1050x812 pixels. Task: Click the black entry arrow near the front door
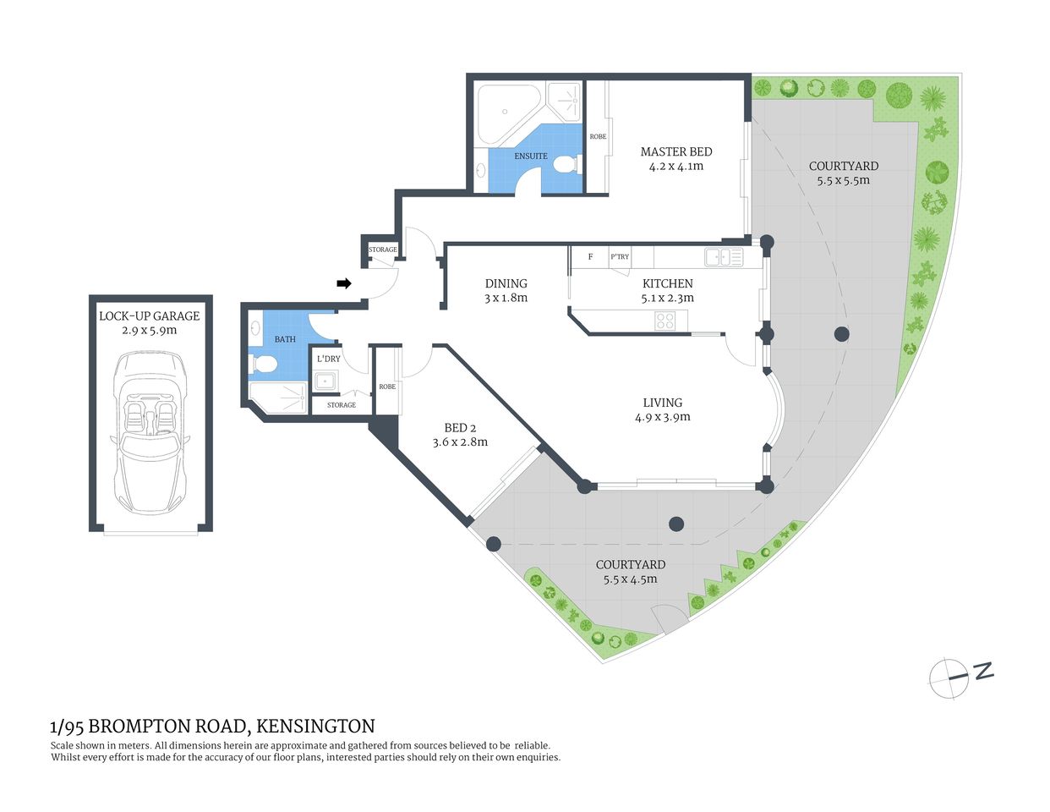tap(344, 283)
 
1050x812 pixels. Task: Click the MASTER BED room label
tap(675, 151)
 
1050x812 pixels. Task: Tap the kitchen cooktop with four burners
tap(665, 321)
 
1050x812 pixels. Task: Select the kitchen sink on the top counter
tap(717, 257)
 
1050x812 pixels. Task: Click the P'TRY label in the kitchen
tap(620, 257)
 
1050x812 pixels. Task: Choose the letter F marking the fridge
tap(590, 257)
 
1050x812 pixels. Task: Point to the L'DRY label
tap(328, 359)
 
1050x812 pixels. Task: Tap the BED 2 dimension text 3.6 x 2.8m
tap(460, 442)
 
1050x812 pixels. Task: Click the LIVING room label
tap(662, 403)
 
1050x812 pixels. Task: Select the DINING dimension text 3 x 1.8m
tap(506, 298)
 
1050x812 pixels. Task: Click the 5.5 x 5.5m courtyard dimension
tap(843, 180)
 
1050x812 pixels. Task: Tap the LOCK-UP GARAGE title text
tap(150, 315)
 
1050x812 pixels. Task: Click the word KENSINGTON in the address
tap(315, 726)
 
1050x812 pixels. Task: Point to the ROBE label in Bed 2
tap(387, 387)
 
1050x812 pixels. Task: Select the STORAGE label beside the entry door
tap(382, 250)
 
